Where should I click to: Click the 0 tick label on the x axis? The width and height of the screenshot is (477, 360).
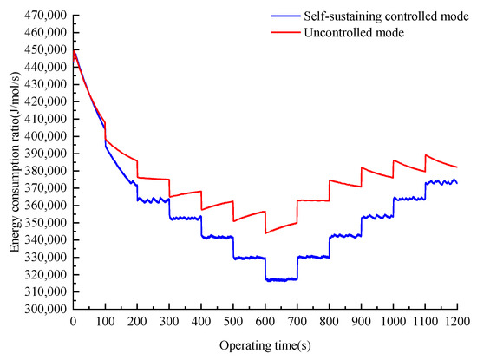(73, 322)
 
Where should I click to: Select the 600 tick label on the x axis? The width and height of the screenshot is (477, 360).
(265, 322)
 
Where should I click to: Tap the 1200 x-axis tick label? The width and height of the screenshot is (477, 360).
(457, 322)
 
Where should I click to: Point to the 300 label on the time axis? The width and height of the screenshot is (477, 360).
(169, 322)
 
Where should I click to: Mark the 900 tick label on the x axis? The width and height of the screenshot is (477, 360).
(361, 322)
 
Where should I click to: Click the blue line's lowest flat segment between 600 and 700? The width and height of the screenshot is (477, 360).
(281, 279)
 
